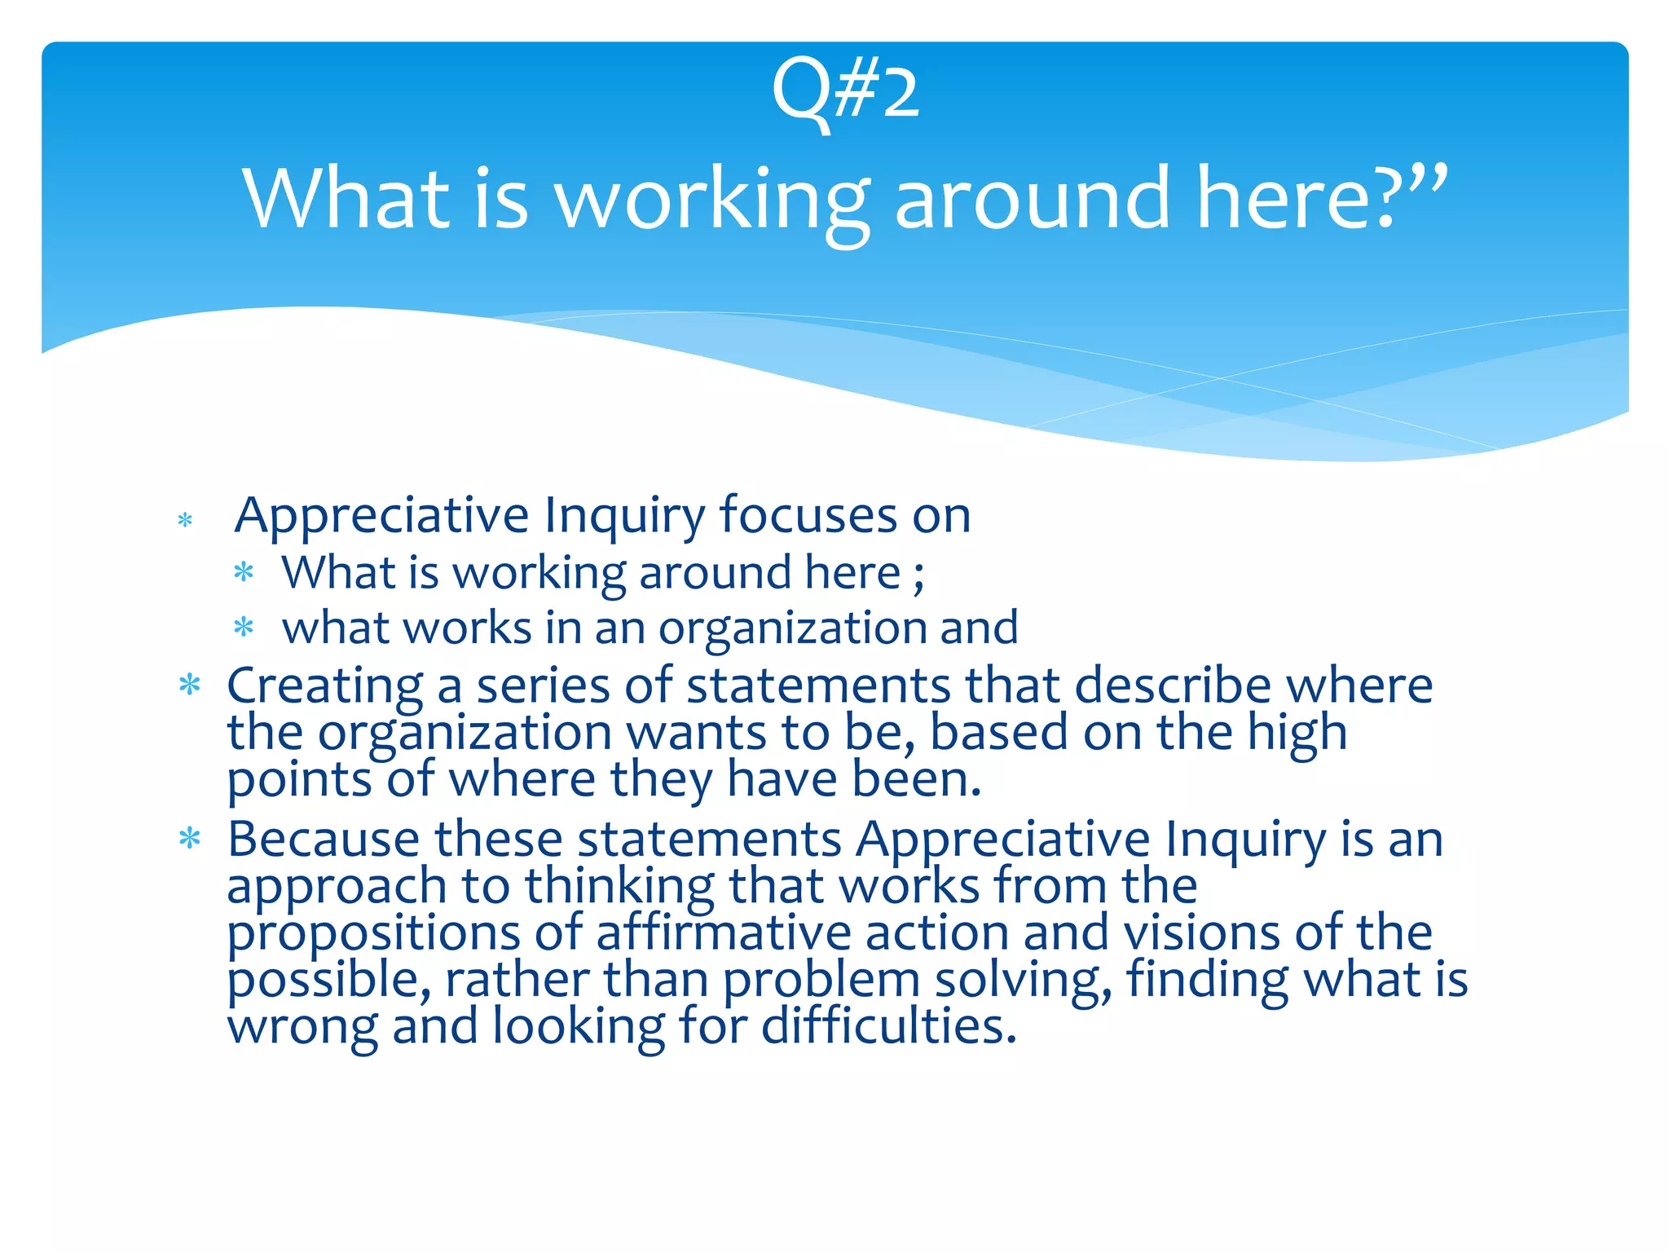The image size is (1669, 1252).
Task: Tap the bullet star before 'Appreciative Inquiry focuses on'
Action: pyautogui.click(x=185, y=520)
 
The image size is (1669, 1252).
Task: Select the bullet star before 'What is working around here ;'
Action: pyautogui.click(x=244, y=572)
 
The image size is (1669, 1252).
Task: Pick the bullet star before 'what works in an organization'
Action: pyautogui.click(x=244, y=628)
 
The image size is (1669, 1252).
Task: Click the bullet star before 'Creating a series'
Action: pyautogui.click(x=190, y=685)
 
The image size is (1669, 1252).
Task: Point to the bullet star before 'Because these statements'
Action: pyautogui.click(x=190, y=838)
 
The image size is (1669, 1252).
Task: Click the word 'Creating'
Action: pyautogui.click(x=324, y=686)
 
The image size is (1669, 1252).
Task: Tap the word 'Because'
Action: pyautogui.click(x=324, y=839)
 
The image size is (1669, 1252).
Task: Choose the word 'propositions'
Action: pyautogui.click(x=373, y=934)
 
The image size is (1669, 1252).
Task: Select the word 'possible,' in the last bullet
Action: pyautogui.click(x=328, y=981)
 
